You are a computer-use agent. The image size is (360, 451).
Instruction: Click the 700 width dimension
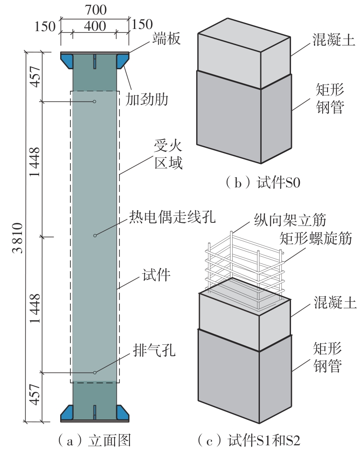click(94, 9)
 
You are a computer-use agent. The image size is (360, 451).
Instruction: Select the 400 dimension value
click(94, 26)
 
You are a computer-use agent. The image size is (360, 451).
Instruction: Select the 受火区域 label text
click(168, 154)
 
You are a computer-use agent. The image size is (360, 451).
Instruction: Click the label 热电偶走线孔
click(173, 216)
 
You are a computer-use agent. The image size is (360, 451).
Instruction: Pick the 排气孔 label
click(154, 351)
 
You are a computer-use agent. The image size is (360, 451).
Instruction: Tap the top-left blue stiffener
click(67, 61)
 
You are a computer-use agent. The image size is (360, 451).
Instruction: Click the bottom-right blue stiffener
click(122, 412)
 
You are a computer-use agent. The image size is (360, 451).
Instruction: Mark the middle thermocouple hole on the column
click(94, 236)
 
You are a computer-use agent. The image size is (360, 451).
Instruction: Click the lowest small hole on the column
click(94, 373)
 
